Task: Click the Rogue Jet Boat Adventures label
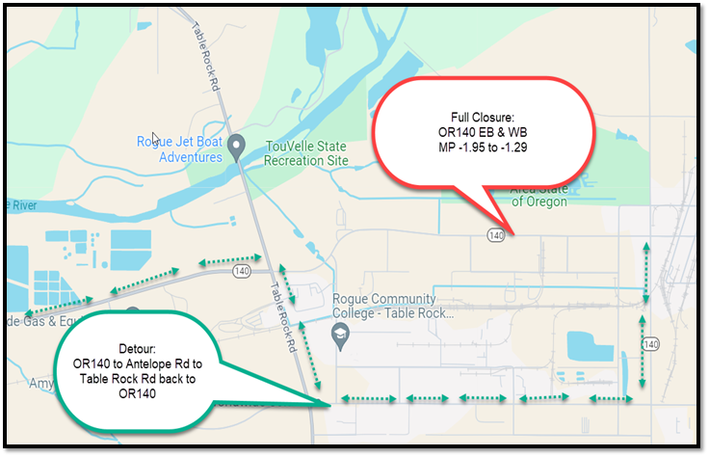177,148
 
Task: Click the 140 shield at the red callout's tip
496,234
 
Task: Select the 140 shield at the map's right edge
651,344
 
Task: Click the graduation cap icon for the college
339,334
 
